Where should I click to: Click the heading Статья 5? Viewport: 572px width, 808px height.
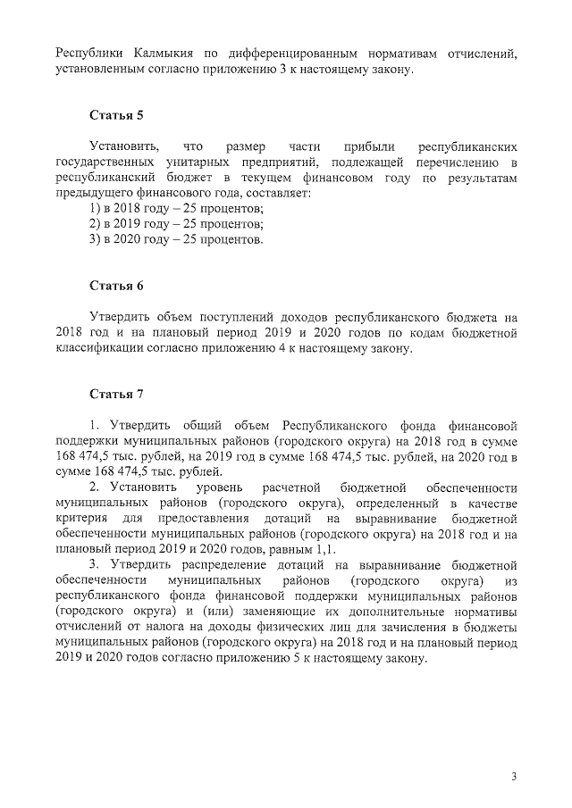116,116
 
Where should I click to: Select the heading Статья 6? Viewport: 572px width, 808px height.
116,286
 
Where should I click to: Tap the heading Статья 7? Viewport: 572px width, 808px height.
116,394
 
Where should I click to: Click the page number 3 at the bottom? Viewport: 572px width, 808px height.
514,776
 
